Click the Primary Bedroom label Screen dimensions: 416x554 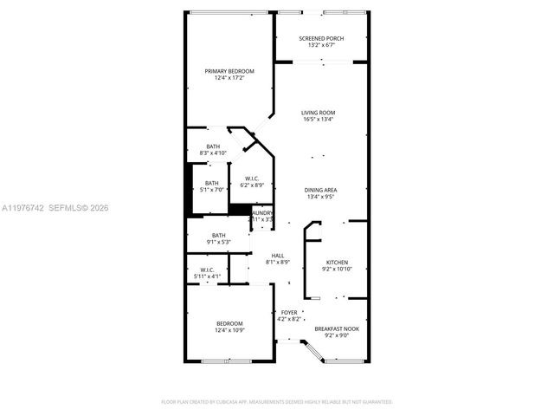coord(229,71)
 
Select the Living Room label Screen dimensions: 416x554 coord(319,113)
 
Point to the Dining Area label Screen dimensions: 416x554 coord(320,190)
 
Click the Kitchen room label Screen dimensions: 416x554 coord(337,261)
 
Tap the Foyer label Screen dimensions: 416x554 coord(289,312)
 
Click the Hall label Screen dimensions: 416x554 coord(278,255)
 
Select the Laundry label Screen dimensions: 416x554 coord(262,212)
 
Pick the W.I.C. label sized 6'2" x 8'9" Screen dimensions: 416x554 coord(252,179)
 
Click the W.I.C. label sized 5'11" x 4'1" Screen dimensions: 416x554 coord(207,270)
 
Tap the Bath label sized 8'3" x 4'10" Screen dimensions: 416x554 coord(213,146)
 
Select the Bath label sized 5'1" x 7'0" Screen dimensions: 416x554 coord(212,183)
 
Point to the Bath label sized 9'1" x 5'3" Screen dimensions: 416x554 coord(219,235)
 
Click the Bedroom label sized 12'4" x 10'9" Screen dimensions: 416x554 coord(229,323)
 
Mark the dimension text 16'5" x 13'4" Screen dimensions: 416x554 coord(319,120)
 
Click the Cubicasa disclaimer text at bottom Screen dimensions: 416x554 coord(277,401)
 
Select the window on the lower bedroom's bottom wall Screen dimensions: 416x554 coord(226,361)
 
